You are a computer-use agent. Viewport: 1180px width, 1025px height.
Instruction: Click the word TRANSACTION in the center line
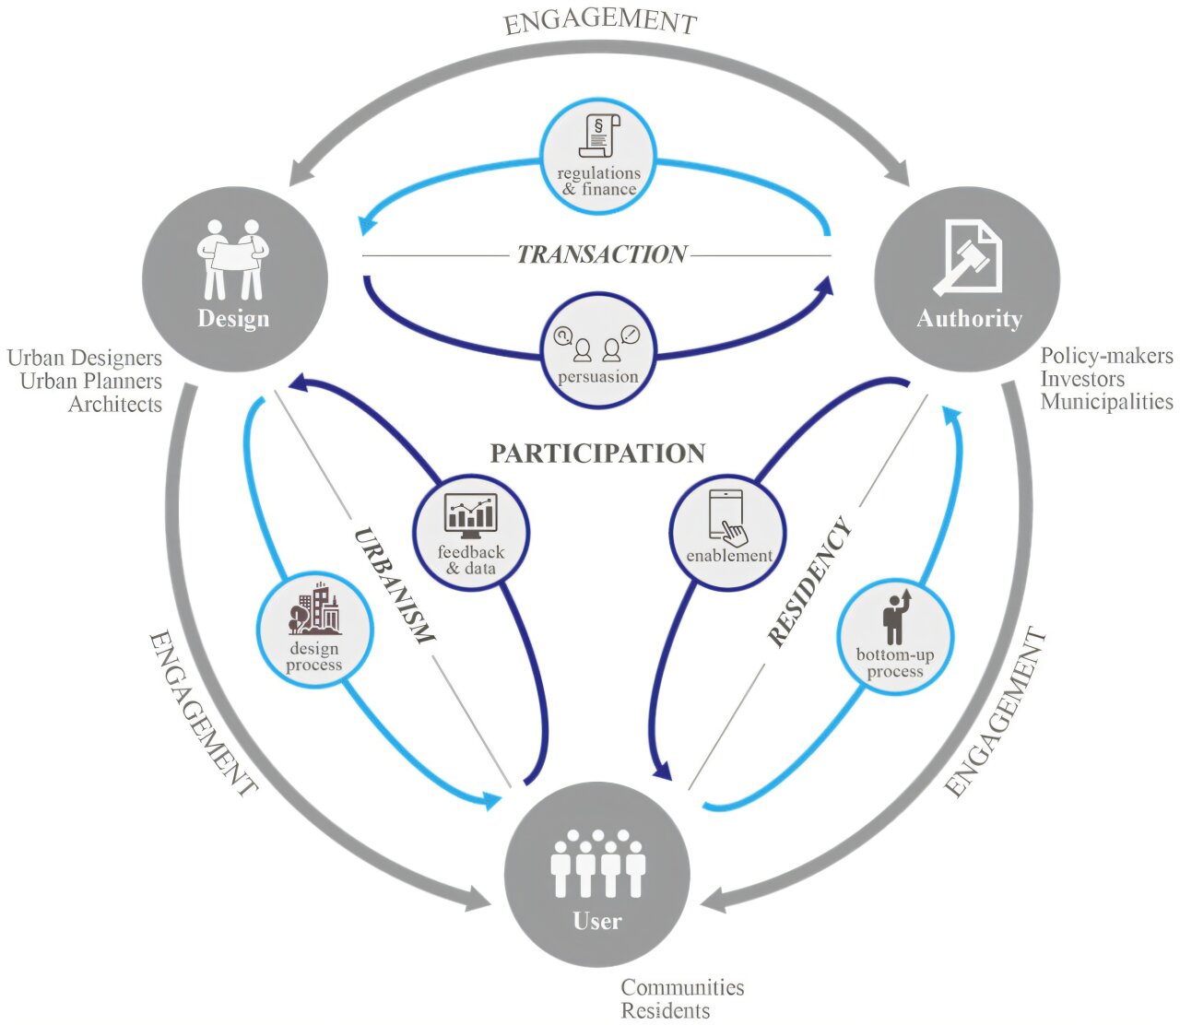click(601, 254)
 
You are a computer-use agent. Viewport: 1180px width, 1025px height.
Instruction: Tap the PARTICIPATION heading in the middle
click(597, 454)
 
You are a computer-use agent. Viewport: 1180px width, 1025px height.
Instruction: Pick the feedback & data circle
click(471, 533)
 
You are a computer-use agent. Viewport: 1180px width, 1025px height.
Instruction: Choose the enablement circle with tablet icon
click(728, 532)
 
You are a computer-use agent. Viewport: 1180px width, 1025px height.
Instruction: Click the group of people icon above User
click(597, 864)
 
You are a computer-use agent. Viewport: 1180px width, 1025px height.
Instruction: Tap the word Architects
click(115, 405)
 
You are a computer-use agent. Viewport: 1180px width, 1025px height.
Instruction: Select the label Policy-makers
click(1107, 356)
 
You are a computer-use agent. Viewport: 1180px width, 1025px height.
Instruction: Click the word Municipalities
click(1107, 402)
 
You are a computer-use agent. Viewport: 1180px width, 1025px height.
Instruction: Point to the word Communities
click(682, 987)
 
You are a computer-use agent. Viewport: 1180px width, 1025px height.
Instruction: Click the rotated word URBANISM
click(394, 585)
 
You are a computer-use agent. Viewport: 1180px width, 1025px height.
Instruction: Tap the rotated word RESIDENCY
click(809, 583)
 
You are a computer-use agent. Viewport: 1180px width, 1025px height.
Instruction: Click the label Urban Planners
click(91, 382)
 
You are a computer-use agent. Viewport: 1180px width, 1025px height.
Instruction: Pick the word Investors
click(1083, 379)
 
